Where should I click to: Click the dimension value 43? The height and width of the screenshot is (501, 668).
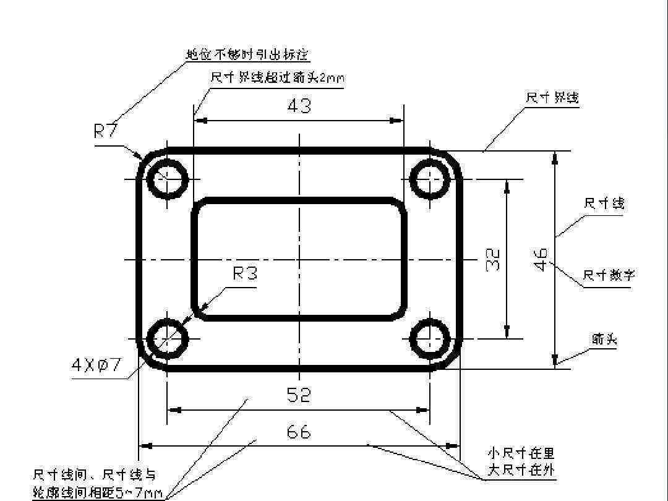(x=299, y=106)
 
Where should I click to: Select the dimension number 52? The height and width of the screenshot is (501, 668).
(x=299, y=395)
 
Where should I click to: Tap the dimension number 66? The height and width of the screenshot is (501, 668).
(x=299, y=432)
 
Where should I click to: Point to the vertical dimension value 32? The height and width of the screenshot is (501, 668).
(x=493, y=260)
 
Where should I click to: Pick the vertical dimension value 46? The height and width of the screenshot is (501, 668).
(x=541, y=260)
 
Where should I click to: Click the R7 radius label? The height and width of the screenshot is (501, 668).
(x=106, y=131)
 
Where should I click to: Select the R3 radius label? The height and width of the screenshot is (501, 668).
(x=245, y=273)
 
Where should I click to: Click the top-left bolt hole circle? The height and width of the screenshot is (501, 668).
(x=168, y=179)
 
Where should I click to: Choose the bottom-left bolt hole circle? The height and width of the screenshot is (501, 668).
(x=168, y=338)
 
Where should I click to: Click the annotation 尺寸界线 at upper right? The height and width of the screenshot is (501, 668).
(x=552, y=98)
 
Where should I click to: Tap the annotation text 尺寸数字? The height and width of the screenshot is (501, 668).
(x=609, y=275)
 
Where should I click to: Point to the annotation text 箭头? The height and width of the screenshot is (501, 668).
(x=604, y=339)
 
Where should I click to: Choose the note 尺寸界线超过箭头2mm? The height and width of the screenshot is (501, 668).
(x=277, y=79)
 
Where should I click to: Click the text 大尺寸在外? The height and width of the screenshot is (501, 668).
(x=521, y=471)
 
